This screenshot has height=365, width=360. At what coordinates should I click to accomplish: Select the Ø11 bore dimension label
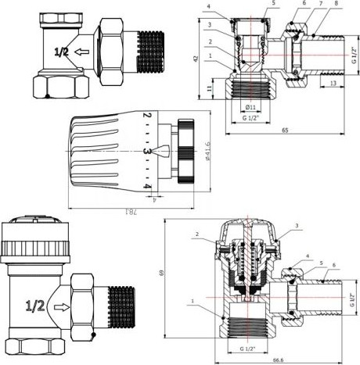click(250, 106)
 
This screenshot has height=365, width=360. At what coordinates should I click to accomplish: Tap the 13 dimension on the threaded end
click(332, 83)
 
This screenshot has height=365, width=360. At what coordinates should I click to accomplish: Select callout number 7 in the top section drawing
click(301, 4)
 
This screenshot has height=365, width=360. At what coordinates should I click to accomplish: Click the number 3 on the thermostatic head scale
click(146, 150)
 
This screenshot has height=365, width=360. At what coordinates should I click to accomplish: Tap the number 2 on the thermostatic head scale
click(146, 117)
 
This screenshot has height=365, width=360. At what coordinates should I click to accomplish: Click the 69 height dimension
click(163, 273)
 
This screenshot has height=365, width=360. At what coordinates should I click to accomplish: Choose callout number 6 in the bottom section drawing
click(333, 266)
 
